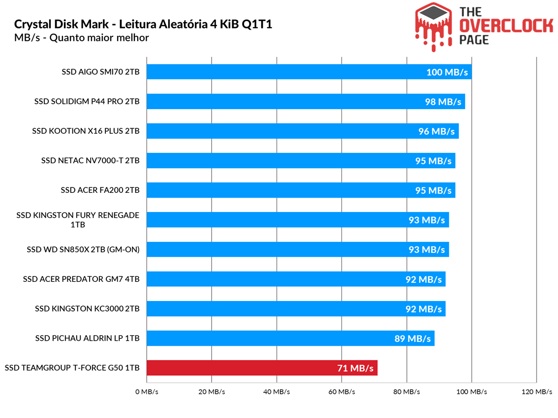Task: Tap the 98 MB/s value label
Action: [x=443, y=102]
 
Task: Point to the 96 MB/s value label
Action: [x=436, y=131]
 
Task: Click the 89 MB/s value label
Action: [x=412, y=338]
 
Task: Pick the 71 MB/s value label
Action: [x=355, y=368]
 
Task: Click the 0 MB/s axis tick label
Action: [x=147, y=392]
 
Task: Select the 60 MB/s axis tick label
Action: [x=341, y=392]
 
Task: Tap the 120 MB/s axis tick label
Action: [x=536, y=392]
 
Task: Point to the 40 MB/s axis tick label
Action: [x=277, y=392]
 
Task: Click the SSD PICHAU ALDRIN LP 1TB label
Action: [x=87, y=338]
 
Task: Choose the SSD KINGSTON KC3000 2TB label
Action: [x=87, y=309]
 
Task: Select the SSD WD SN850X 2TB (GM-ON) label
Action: [x=83, y=250]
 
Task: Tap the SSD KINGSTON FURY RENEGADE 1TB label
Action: [x=78, y=220]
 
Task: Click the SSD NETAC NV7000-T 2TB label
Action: [x=91, y=161]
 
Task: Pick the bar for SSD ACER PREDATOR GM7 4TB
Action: [x=296, y=279]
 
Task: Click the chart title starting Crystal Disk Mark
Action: [x=143, y=25]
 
